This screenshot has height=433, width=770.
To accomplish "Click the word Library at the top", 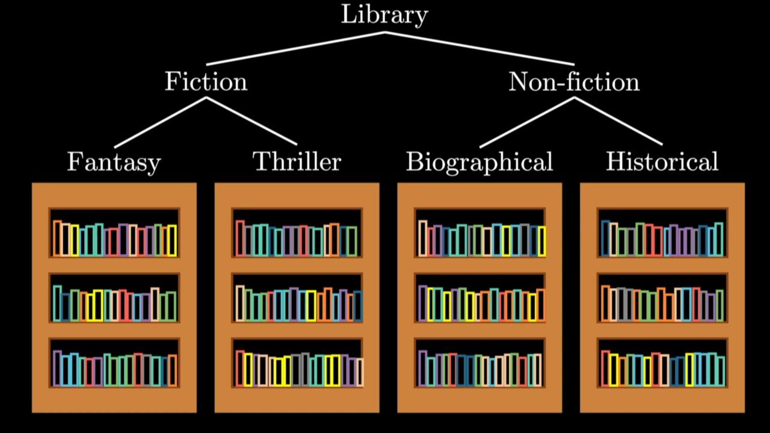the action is pyautogui.click(x=384, y=15).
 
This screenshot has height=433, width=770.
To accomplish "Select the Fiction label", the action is pyautogui.click(x=206, y=81).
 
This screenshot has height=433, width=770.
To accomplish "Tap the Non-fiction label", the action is pyautogui.click(x=574, y=81).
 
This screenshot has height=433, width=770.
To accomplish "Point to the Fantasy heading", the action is pyautogui.click(x=114, y=162).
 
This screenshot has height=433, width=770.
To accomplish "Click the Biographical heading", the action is pyautogui.click(x=479, y=162).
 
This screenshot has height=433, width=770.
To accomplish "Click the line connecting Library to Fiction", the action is pyautogui.click(x=295, y=49).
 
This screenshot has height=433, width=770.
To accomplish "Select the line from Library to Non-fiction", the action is pyautogui.click(x=480, y=49).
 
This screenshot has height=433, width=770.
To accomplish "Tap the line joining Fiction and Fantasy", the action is pyautogui.click(x=160, y=122).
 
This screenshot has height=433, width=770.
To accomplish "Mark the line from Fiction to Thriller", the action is pyautogui.click(x=251, y=121).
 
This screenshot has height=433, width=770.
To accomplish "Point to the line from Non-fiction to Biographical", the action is pyautogui.click(x=527, y=122).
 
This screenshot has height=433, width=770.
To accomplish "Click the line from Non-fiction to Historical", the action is pyautogui.click(x=618, y=121).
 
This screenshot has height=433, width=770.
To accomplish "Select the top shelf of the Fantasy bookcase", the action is pyautogui.click(x=114, y=232).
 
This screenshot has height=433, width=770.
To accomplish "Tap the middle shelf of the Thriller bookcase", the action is pyautogui.click(x=297, y=298).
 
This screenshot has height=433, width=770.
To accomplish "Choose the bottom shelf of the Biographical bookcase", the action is pyautogui.click(x=480, y=364).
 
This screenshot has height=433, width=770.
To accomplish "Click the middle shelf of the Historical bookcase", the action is pyautogui.click(x=662, y=298).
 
